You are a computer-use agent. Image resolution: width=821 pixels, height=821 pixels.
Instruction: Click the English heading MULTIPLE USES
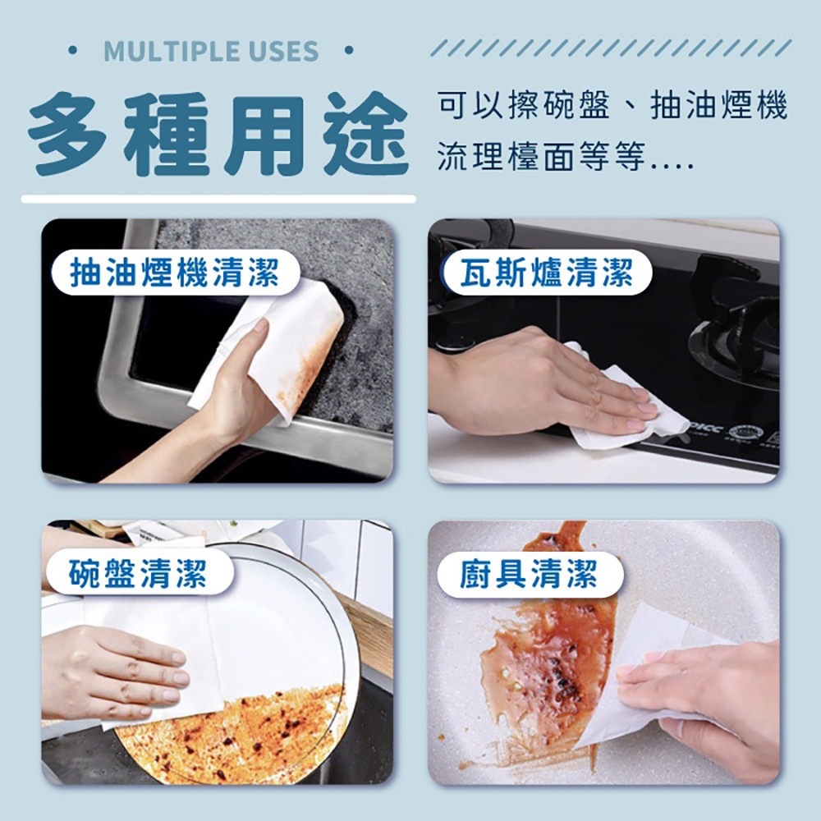211,51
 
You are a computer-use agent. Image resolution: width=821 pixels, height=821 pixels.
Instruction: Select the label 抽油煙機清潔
175,273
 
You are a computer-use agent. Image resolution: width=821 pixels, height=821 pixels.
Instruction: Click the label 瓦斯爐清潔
547,273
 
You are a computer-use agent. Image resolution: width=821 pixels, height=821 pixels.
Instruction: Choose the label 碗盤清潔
138,573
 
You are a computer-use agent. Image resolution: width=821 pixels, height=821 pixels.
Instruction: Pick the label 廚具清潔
528,574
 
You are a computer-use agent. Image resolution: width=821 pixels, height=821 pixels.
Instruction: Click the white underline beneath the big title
218,199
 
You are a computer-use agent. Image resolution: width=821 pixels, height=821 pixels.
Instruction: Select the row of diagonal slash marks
611,48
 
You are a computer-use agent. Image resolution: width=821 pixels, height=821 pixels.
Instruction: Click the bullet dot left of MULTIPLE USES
73,51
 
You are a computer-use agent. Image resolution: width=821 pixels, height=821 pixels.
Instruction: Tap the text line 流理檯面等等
566,157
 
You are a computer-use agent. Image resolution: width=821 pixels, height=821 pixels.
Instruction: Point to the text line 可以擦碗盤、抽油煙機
613,105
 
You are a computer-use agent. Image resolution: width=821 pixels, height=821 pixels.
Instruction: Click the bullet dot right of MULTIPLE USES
349,51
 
